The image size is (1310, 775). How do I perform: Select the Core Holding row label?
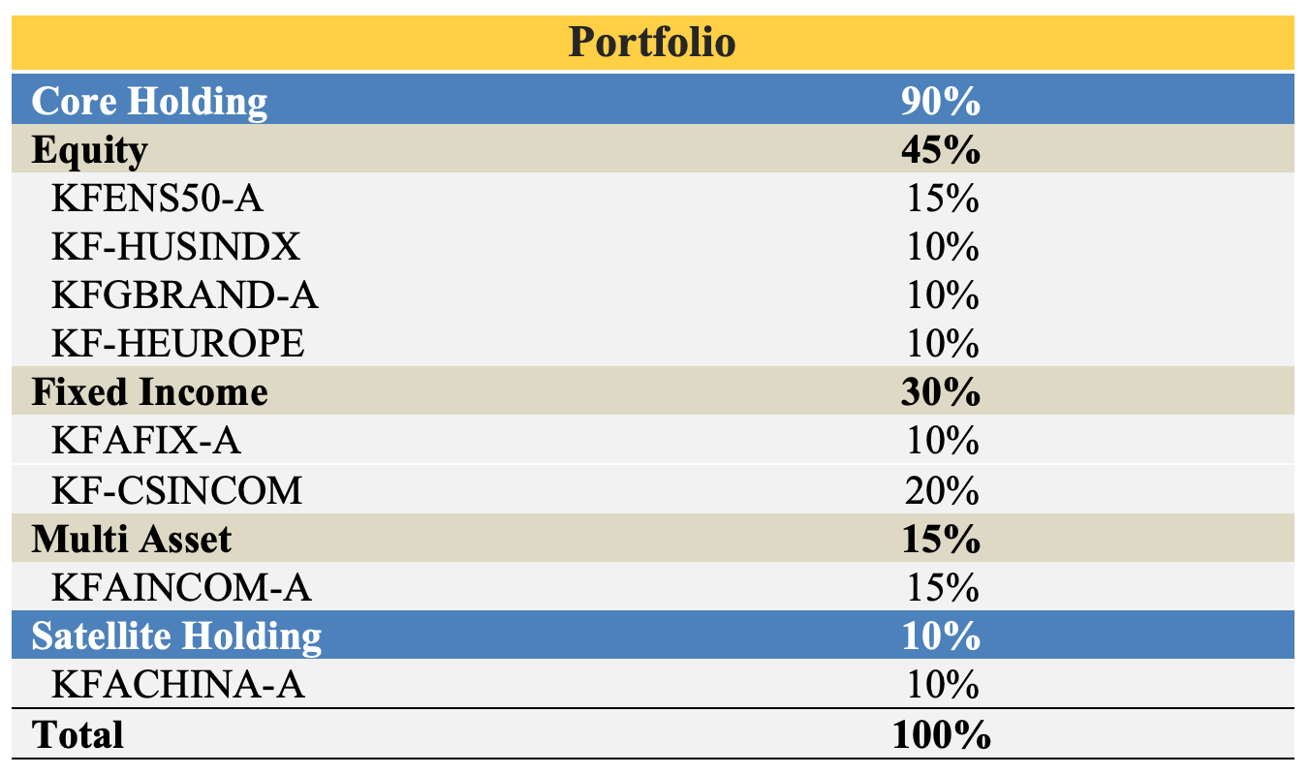[149, 101]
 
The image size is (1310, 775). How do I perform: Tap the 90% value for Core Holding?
[940, 101]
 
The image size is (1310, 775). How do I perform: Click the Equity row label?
[90, 150]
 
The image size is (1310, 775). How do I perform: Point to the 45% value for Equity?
[940, 150]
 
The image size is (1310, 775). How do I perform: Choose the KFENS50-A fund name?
[157, 199]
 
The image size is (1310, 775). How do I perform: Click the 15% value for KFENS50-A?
[940, 199]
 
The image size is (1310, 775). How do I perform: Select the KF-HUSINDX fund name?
[175, 247]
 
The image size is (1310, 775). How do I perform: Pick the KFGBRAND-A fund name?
[185, 295]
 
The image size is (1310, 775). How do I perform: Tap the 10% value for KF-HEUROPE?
[940, 344]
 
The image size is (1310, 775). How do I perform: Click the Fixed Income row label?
[150, 392]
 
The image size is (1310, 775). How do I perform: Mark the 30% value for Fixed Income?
[940, 392]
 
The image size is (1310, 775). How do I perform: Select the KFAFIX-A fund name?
[146, 442]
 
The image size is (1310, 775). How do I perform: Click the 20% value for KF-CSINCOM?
[940, 490]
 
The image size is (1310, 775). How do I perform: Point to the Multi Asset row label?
[133, 539]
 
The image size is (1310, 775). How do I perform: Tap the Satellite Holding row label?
[176, 636]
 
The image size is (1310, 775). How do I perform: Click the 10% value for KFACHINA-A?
[940, 685]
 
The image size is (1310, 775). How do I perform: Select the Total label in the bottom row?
[78, 734]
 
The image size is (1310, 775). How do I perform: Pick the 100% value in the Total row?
[940, 734]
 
